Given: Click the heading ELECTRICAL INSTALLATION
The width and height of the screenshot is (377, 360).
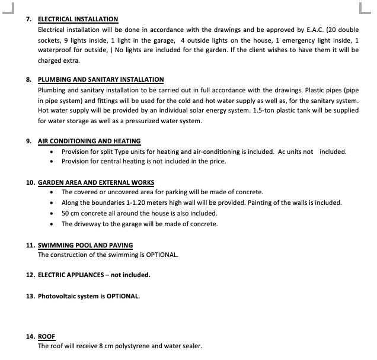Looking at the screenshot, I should (x=78, y=19).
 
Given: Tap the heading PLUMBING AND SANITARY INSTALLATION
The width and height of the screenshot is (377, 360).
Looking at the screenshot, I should (x=100, y=79).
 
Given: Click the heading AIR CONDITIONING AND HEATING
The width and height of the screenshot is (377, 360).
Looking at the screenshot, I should (x=89, y=141).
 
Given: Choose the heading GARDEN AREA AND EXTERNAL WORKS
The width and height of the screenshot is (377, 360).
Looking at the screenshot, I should (x=96, y=182).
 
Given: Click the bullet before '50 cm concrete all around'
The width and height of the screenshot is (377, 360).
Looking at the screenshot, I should (x=53, y=213).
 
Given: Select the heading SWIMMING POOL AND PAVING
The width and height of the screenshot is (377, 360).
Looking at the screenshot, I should (x=85, y=245).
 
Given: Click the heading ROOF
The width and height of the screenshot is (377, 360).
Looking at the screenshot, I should (x=46, y=336).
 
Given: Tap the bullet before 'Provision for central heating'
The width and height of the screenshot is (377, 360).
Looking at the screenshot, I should (x=53, y=161).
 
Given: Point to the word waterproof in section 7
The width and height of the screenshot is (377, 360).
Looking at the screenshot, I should (x=53, y=50).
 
